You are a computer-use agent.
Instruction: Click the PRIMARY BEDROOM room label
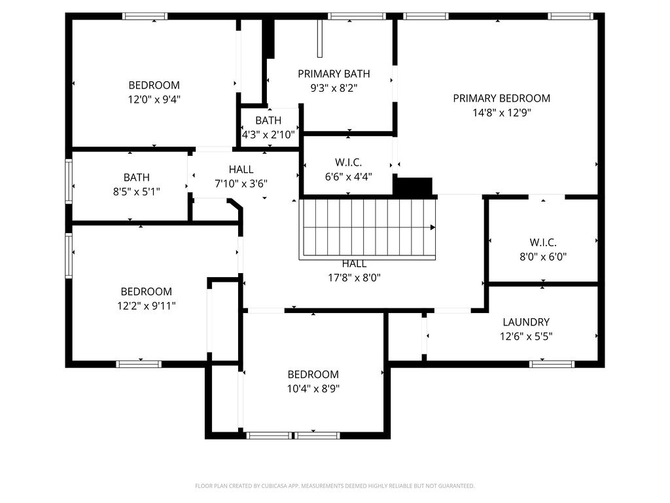point(501,98)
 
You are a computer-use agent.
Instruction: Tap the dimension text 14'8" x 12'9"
point(501,113)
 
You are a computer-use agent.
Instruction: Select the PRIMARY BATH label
point(334,73)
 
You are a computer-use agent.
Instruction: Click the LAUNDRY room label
point(525,322)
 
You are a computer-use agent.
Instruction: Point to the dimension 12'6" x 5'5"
point(525,337)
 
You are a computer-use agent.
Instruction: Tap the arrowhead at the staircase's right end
point(432,228)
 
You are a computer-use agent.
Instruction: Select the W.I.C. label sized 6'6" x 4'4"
point(348,162)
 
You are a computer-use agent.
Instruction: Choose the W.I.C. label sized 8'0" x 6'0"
point(543,242)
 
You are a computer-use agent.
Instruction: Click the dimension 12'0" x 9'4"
point(154,100)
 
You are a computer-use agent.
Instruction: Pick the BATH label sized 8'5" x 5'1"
point(136,177)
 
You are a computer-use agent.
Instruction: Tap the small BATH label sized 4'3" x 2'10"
point(268,121)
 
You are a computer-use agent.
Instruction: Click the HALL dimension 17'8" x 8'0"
point(354,277)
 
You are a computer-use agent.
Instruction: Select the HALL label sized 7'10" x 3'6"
point(241,170)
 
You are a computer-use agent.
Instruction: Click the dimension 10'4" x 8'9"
point(313,388)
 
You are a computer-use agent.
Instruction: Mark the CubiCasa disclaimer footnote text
point(334,486)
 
